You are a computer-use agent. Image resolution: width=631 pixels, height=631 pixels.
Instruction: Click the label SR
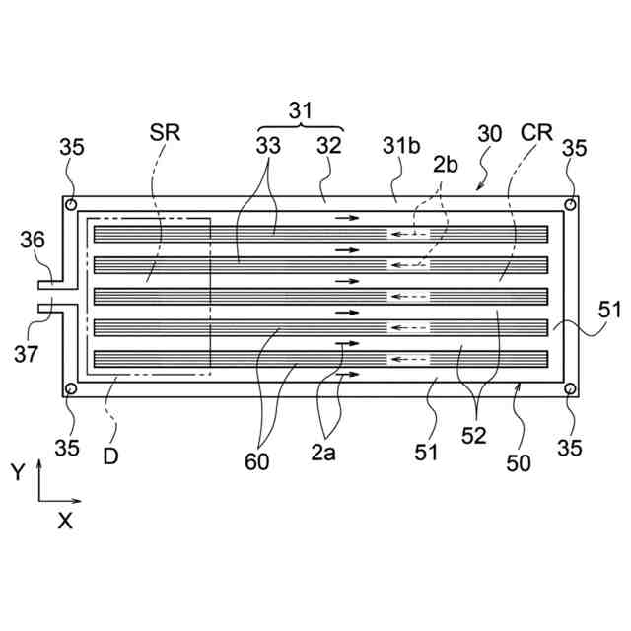166,132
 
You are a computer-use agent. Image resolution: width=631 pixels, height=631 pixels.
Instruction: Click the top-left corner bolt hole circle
71,204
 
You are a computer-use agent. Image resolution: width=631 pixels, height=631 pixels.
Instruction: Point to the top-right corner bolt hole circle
570,204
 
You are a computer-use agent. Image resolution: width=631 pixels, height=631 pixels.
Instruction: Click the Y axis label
17,471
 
